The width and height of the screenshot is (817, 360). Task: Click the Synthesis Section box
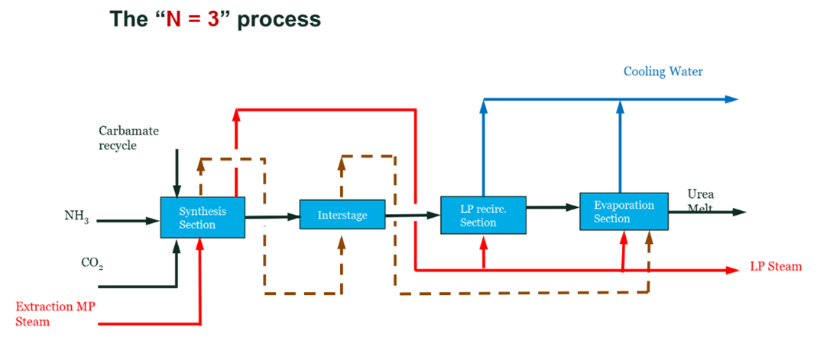[x=203, y=218]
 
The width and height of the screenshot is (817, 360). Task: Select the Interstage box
[x=342, y=216]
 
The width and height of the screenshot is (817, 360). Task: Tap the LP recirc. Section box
[x=483, y=215]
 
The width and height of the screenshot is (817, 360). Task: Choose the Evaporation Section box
[x=624, y=212]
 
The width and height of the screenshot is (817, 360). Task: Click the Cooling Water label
[x=663, y=72]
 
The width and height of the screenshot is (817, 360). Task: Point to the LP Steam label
[x=776, y=267]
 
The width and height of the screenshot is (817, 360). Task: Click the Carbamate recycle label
[x=128, y=138]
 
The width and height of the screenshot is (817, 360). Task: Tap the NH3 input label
[x=77, y=217]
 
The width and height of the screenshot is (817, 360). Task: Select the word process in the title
[x=278, y=19]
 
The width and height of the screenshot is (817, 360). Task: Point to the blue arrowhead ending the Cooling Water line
[x=731, y=99]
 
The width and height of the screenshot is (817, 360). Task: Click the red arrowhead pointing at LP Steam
[x=735, y=269]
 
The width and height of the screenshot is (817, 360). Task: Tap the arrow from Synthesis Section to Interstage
[x=272, y=217]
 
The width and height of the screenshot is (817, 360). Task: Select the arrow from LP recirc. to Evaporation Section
[x=553, y=207]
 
